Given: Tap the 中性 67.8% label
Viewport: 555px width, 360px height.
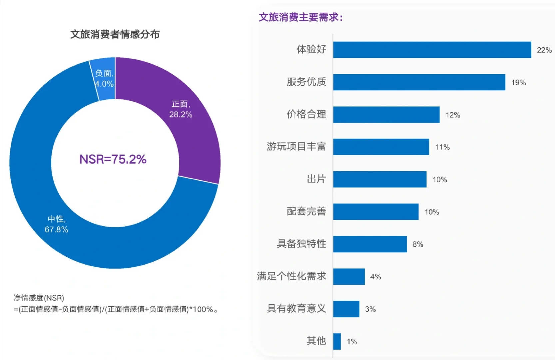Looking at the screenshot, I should click(x=56, y=224).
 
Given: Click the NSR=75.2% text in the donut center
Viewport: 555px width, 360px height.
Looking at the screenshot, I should click(x=113, y=159).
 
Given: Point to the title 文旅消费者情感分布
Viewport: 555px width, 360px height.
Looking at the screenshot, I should click(x=115, y=34).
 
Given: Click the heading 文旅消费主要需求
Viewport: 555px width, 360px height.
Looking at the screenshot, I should click(x=300, y=17).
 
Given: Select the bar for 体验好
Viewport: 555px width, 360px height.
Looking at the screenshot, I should click(x=432, y=50).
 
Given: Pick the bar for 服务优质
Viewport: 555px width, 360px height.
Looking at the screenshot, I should click(x=419, y=82).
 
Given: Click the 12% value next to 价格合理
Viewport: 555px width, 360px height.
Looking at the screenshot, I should click(x=452, y=115).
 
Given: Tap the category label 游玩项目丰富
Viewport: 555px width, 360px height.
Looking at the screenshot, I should click(x=296, y=146).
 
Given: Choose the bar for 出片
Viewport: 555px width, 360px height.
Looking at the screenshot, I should click(x=380, y=179).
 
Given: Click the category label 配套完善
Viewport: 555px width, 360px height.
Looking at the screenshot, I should click(x=306, y=211).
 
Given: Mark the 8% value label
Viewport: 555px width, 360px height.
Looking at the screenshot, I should click(x=417, y=244).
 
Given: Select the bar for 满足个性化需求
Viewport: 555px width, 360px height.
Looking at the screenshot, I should click(x=349, y=277).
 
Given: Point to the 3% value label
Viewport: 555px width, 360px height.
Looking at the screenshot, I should click(x=370, y=309).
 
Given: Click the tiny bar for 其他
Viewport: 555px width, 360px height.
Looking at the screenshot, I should click(x=337, y=341).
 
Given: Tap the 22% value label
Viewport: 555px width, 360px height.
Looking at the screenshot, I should click(x=544, y=50).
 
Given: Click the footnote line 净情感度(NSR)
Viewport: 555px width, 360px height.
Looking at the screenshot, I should click(x=39, y=298).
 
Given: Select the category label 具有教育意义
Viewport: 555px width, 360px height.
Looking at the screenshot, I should click(x=296, y=308).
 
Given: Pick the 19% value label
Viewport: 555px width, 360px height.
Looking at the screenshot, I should click(x=518, y=82).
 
